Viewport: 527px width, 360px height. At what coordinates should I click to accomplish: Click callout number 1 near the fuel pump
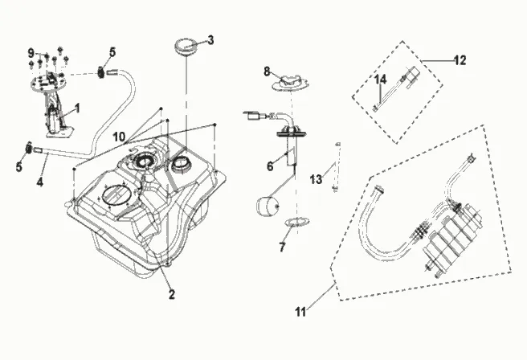(x=78, y=108)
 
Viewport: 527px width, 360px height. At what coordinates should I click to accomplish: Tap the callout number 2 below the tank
(x=172, y=294)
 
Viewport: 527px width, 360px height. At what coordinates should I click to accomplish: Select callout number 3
(x=210, y=40)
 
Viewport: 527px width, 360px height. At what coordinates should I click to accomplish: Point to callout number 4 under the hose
(x=40, y=182)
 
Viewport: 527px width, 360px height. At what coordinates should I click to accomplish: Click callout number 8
(x=267, y=72)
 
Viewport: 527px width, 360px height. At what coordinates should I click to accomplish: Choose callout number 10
(x=120, y=137)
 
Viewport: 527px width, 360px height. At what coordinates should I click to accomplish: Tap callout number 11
(x=300, y=312)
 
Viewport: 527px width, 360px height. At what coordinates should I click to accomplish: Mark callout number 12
(x=460, y=60)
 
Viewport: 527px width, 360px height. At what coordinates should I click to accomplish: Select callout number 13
(x=316, y=179)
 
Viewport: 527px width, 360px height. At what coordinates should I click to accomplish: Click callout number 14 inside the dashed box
(x=381, y=80)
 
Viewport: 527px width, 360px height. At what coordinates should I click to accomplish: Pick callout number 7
(x=282, y=247)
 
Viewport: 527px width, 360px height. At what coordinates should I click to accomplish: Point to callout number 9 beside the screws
(x=31, y=53)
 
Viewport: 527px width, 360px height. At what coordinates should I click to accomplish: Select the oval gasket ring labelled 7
(x=297, y=222)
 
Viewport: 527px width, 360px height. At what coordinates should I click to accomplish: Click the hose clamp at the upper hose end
(x=100, y=72)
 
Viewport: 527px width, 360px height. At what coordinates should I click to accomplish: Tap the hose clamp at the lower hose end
(x=29, y=148)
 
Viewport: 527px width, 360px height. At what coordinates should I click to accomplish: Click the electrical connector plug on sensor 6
(x=251, y=116)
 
